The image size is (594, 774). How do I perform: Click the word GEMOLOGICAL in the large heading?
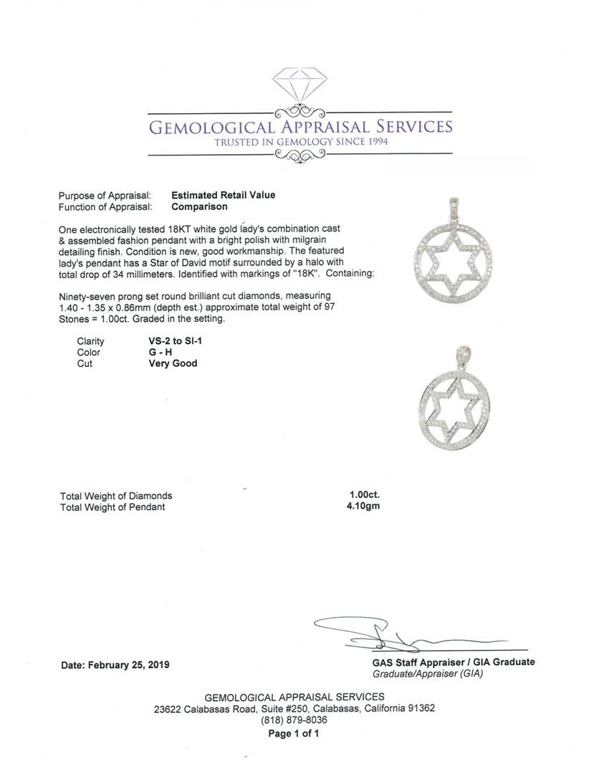pos(208,128)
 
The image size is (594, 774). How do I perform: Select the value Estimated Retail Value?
pos(223,195)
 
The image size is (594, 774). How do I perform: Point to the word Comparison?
pos(199,206)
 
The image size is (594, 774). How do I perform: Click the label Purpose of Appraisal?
pos(105,195)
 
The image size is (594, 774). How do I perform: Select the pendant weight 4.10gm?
pos(363,507)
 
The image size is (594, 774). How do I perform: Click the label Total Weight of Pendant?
pos(112,507)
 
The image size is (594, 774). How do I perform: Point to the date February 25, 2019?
pos(115,664)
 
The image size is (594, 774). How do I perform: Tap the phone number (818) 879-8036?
pos(294,720)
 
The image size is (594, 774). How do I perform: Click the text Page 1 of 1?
pos(294,733)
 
